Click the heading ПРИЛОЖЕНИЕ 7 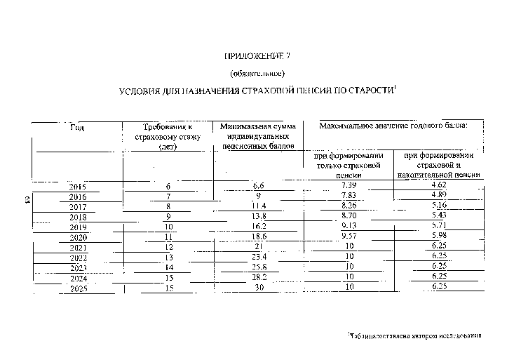[x=256, y=55]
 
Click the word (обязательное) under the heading [x=256, y=73]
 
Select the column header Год [x=78, y=127]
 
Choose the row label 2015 [x=78, y=187]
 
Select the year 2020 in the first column [x=78, y=238]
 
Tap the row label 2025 [x=78, y=288]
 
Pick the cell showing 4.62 [x=438, y=184]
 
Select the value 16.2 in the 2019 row [x=258, y=227]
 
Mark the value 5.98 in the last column [x=438, y=236]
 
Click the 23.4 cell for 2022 [x=258, y=258]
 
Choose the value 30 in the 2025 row [x=258, y=288]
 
